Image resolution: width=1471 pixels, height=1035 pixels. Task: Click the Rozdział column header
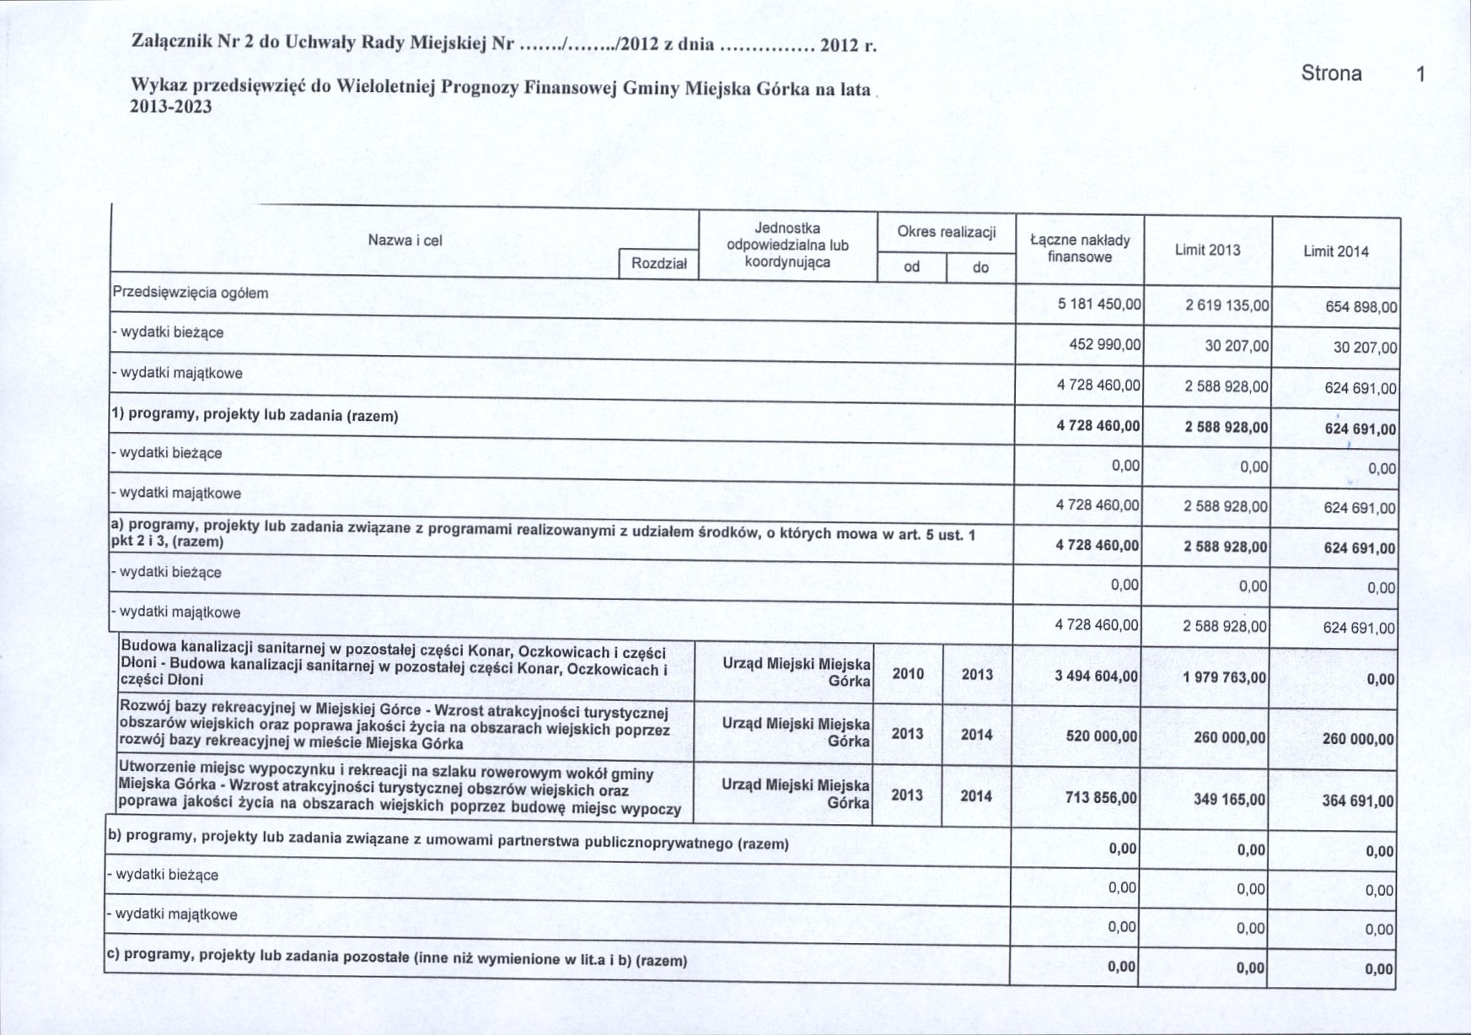click(x=658, y=264)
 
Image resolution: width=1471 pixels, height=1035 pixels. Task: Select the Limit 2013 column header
click(x=1207, y=250)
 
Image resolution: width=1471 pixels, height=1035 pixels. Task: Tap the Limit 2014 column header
click(x=1335, y=251)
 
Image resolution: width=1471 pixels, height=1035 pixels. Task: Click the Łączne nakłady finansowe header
click(x=1080, y=248)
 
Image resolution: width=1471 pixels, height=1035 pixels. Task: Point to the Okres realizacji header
click(x=946, y=232)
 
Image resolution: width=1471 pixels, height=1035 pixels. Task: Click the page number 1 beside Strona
click(x=1420, y=74)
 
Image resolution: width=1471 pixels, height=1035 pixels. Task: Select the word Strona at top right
click(x=1331, y=73)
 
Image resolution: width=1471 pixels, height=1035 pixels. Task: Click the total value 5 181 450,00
click(x=1099, y=304)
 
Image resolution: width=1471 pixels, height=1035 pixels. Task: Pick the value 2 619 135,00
click(x=1227, y=305)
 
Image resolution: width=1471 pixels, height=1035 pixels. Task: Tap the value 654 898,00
click(x=1360, y=307)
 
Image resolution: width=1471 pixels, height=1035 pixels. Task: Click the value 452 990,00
click(x=1104, y=344)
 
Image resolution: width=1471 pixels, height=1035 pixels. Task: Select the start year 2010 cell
click(x=908, y=674)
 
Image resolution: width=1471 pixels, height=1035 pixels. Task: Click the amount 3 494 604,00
click(x=1096, y=677)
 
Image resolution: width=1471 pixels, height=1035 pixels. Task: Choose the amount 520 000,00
click(x=1101, y=736)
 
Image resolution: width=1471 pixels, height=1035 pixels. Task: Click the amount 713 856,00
click(x=1100, y=797)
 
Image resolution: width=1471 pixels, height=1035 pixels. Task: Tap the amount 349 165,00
click(x=1228, y=799)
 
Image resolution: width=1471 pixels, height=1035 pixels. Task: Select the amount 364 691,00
click(x=1357, y=801)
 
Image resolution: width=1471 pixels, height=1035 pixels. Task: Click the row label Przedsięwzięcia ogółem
click(x=191, y=293)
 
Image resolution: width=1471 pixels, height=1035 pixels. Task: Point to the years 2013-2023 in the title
click(x=171, y=107)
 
